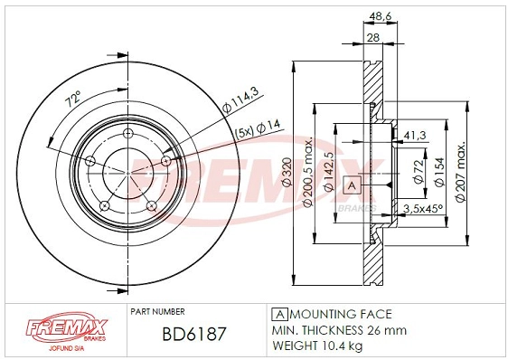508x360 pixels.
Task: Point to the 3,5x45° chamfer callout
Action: click(x=421, y=209)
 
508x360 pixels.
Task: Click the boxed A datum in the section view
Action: click(x=352, y=186)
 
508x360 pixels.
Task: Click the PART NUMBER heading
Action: click(x=158, y=310)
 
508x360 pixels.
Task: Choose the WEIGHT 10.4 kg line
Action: click(x=318, y=346)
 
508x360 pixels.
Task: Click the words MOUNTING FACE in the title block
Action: click(x=339, y=314)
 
